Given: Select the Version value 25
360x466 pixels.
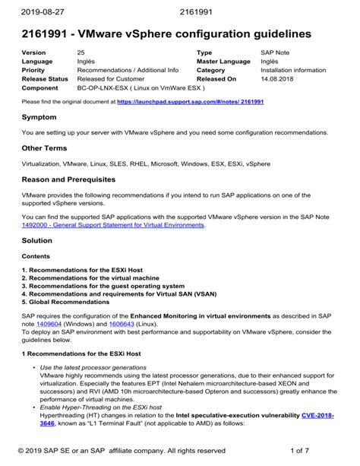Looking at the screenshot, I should coord(81,52).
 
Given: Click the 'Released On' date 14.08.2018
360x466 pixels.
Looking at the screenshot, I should coord(279,78).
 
